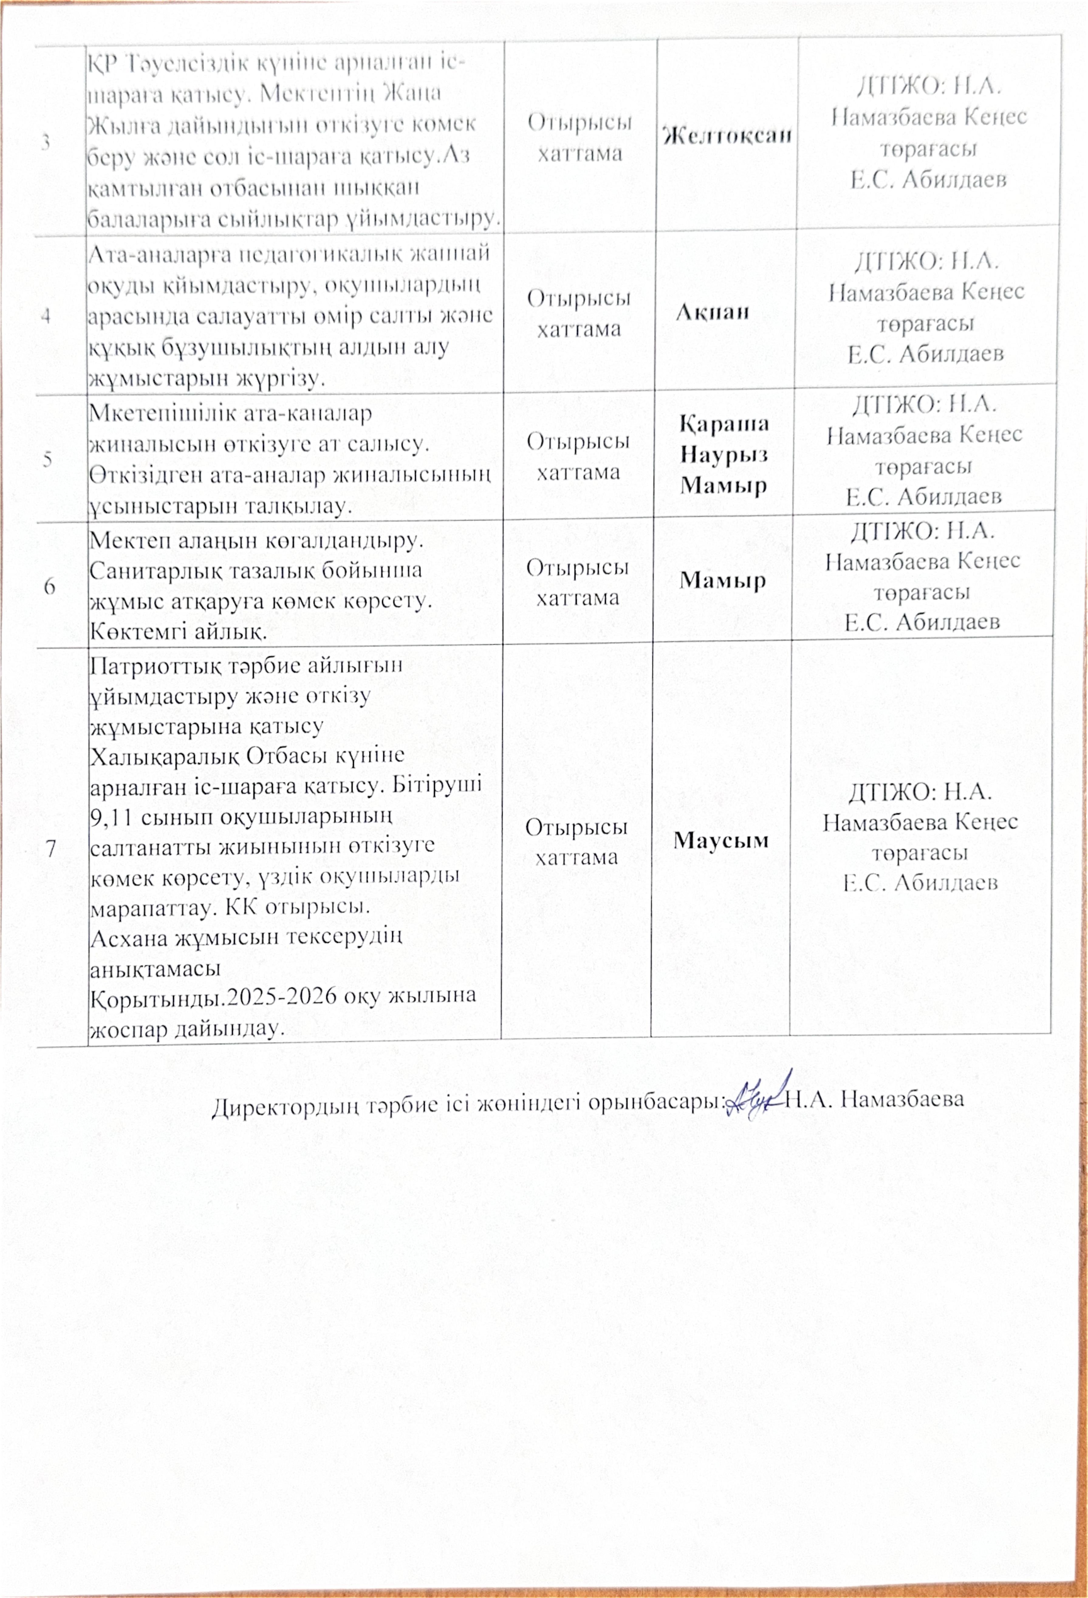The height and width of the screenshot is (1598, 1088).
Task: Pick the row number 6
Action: (x=49, y=587)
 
